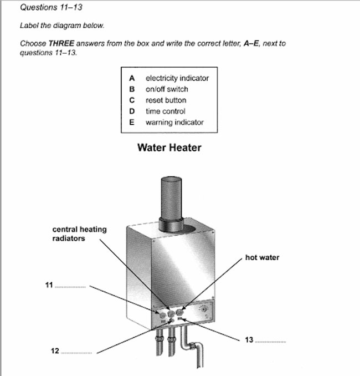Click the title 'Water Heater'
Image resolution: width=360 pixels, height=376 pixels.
169,148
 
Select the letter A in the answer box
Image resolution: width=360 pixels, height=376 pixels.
132,78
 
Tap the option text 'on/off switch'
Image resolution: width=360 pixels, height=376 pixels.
167,89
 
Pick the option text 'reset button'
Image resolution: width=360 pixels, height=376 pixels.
166,100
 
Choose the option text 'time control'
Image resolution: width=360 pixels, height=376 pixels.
165,111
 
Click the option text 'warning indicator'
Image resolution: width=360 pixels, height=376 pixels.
174,123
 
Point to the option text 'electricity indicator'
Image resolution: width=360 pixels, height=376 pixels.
177,78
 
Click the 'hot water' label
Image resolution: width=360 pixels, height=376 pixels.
262,258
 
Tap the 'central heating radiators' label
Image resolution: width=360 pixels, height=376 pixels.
79,234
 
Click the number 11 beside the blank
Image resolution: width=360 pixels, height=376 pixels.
49,285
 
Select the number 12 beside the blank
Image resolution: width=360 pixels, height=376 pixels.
54,351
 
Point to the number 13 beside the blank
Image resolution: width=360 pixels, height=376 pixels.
249,339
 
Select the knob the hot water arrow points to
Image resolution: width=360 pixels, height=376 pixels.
180,312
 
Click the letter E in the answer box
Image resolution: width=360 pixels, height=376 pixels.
132,123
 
